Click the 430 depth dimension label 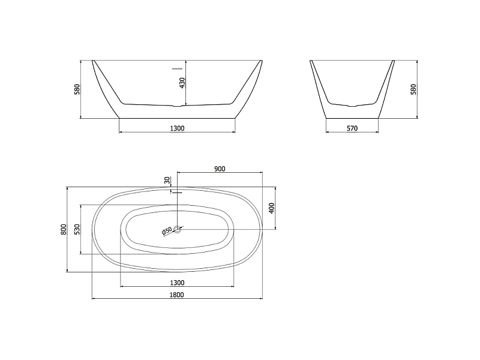[182, 83]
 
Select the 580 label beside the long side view [77, 89]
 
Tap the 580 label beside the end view [413, 89]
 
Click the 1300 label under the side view [177, 128]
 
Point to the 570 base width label [352, 128]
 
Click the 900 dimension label [220, 169]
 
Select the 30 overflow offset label [167, 181]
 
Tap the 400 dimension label [271, 208]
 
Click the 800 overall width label [64, 229]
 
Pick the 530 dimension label [77, 229]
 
